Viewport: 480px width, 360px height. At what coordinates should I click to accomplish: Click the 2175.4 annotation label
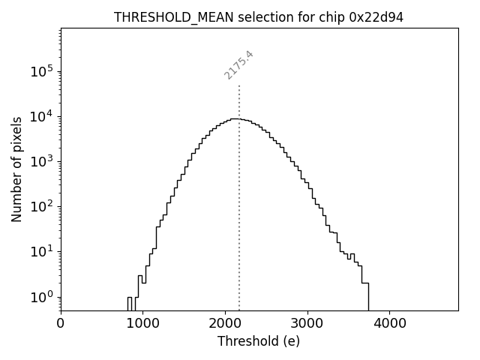[x=239, y=64]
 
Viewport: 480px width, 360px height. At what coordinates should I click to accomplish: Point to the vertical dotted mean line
[x=239, y=225]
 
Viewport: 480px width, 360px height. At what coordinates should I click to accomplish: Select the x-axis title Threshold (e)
[x=259, y=341]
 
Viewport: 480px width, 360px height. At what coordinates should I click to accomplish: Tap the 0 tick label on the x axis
[x=61, y=324]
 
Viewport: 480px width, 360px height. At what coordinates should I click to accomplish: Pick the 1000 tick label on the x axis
[x=143, y=324]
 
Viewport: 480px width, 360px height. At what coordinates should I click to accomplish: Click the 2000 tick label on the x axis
[x=225, y=324]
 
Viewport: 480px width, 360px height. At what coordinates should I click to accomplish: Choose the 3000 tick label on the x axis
[x=307, y=324]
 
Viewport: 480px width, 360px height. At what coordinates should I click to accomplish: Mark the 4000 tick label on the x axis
[x=389, y=324]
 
